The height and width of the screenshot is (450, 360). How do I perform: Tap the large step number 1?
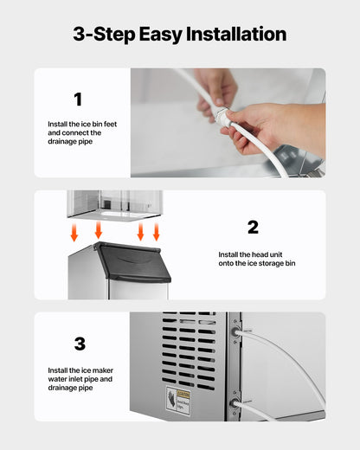point(78,100)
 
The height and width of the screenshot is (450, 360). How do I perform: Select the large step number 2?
point(253,227)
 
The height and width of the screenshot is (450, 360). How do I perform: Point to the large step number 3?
point(80,344)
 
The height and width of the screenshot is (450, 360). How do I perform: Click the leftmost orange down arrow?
point(74,232)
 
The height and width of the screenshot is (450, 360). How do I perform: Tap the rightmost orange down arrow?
point(157,232)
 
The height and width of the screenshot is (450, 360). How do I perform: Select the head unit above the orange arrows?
point(114,204)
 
